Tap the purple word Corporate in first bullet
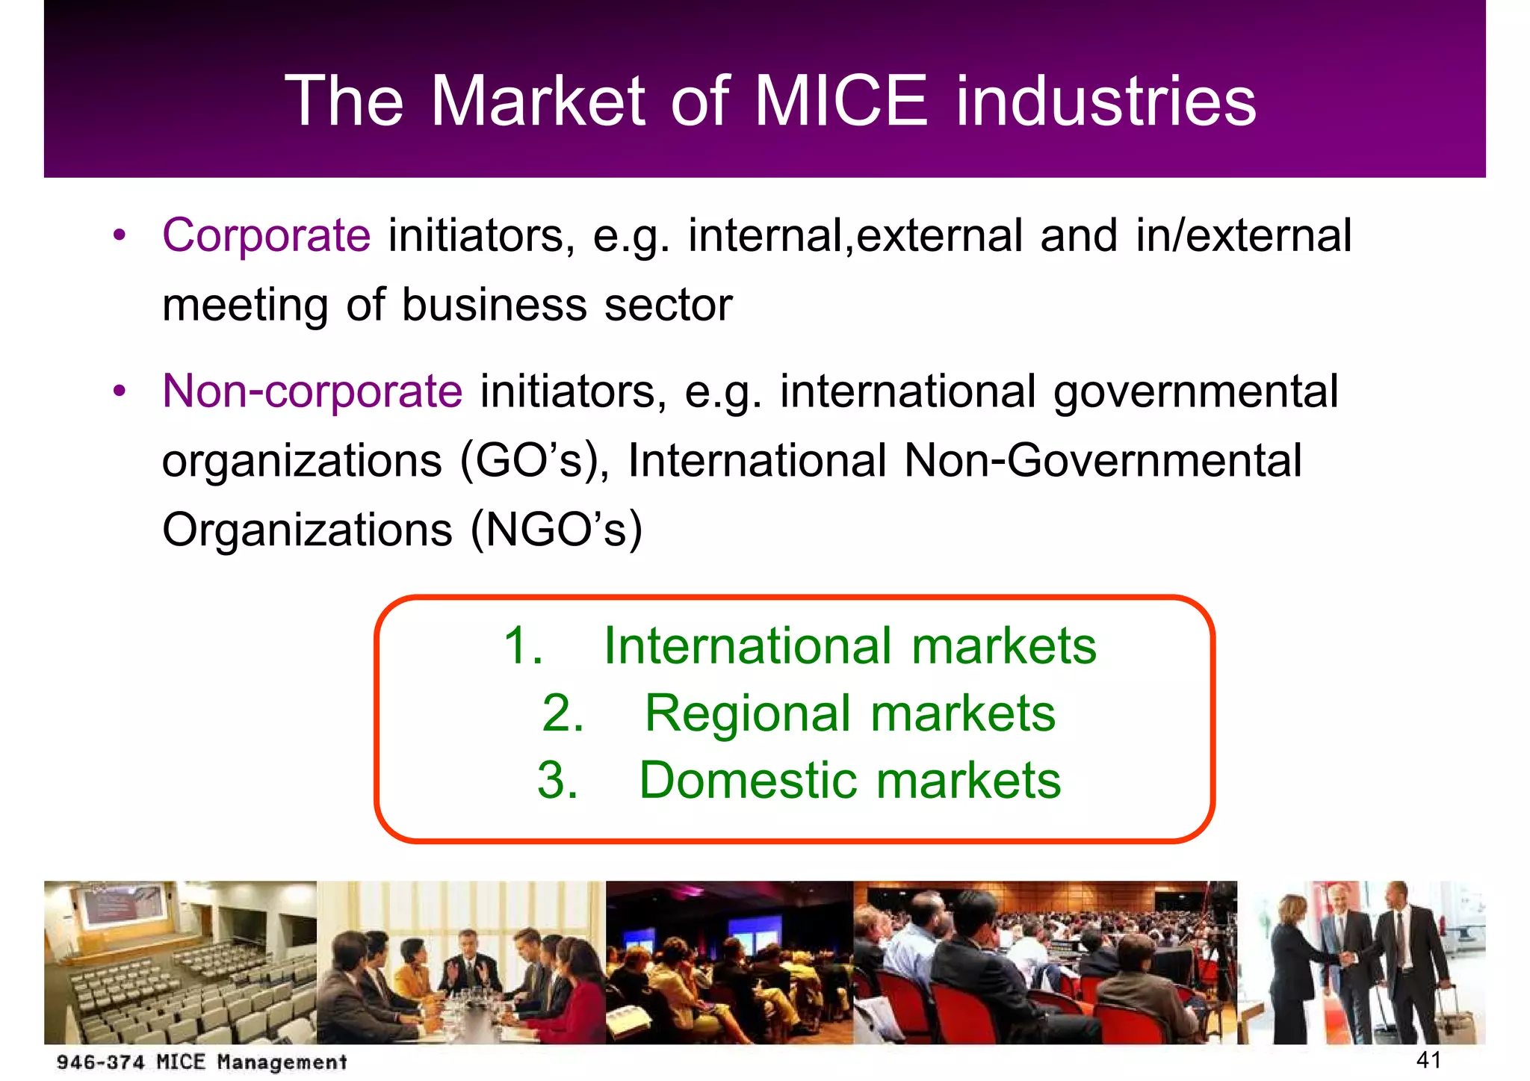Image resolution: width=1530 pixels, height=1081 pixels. point(266,236)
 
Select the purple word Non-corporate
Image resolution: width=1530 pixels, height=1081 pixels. point(312,391)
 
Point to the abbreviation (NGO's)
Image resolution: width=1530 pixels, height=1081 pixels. point(556,530)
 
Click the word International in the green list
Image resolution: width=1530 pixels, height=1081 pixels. point(747,645)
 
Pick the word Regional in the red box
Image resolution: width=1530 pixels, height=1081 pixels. point(747,713)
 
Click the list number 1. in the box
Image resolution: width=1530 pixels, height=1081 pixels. point(523,645)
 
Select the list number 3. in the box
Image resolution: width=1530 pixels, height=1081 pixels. point(557,781)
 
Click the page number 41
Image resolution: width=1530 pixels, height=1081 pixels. point(1428,1059)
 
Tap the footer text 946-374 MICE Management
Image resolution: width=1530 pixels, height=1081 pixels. point(202,1062)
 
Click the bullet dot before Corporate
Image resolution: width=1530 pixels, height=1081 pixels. point(120,236)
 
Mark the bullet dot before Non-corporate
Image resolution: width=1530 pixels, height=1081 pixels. point(120,391)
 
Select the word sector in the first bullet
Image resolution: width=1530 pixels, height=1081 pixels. point(668,306)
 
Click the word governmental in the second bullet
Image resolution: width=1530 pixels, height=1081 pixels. point(1195,391)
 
